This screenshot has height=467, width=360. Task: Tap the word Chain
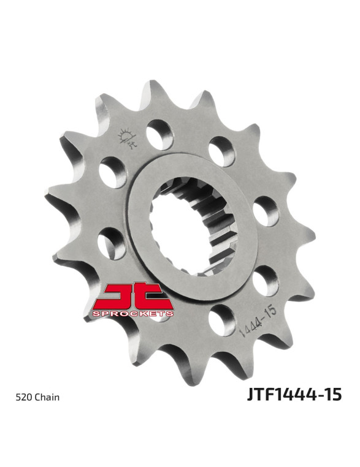coord(47,397)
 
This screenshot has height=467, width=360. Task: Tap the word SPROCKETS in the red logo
coord(133,314)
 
